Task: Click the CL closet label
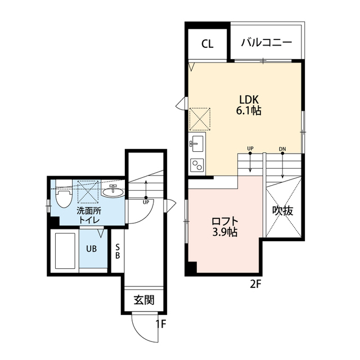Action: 208,44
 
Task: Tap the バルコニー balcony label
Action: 266,43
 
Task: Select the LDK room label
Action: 249,100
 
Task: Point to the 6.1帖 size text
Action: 249,111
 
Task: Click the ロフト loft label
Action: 225,222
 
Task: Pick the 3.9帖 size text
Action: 225,232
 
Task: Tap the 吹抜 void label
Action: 283,210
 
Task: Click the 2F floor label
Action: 256,285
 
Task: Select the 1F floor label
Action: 161,324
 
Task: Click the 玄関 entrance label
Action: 144,300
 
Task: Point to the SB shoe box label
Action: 118,251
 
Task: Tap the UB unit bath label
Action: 91,249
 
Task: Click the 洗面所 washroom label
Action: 89,211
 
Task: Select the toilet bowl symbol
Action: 64,193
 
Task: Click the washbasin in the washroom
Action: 112,191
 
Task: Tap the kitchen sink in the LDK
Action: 197,143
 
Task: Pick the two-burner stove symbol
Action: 197,165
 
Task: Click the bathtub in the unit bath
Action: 65,251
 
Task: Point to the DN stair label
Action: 282,149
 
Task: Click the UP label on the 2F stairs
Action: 250,148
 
